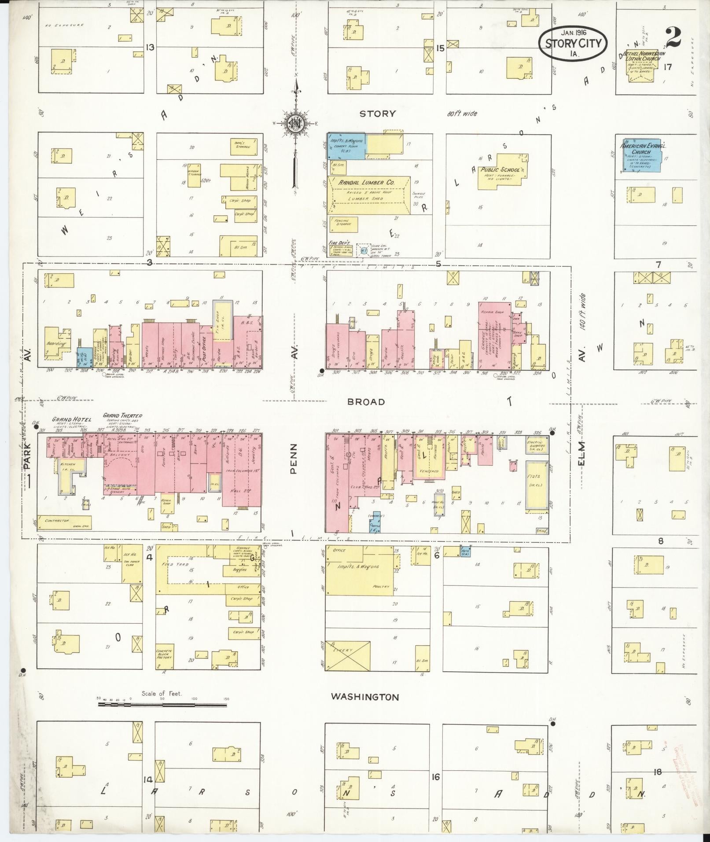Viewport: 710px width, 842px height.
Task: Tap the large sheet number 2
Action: coord(674,37)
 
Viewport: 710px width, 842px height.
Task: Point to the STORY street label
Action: coord(378,114)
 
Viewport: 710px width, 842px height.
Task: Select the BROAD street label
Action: coord(366,401)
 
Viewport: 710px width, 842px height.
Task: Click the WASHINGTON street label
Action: coord(365,697)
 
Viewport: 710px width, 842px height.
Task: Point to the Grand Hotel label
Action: coord(72,419)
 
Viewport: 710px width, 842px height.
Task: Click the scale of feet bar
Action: coord(162,704)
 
